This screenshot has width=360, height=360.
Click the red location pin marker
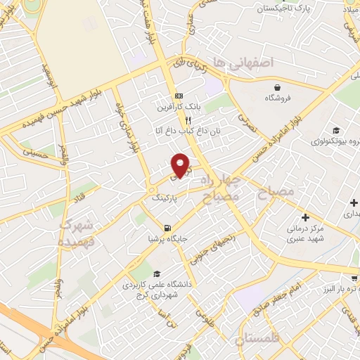point(181,165)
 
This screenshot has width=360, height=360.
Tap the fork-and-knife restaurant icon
point(188,120)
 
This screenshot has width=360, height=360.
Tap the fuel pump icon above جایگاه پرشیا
point(167,228)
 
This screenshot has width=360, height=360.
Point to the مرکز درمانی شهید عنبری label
point(304,235)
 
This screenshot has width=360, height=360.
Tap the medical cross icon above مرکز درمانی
point(304,218)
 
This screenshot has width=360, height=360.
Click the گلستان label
point(259,342)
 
